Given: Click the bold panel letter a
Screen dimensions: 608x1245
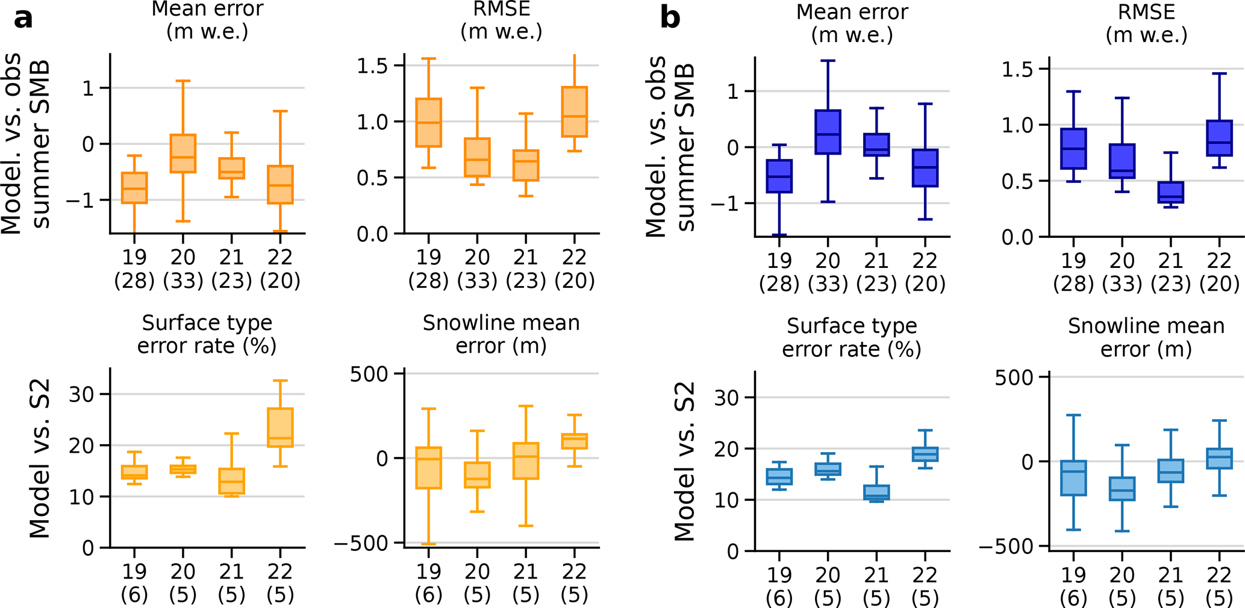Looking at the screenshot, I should tap(23, 19).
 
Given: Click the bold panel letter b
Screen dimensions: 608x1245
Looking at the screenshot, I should tap(670, 18).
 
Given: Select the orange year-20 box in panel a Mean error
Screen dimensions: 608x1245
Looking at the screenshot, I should tap(183, 154).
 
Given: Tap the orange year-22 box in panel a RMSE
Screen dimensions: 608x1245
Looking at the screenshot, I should tap(574, 112).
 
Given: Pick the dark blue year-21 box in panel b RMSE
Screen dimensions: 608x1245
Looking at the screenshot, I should tap(1171, 193).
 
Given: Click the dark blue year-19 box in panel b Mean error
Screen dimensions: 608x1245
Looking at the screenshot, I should tap(779, 176).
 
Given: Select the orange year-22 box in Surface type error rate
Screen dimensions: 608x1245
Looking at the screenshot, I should tap(280, 427).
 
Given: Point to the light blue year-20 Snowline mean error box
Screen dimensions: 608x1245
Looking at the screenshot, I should tap(1122, 489).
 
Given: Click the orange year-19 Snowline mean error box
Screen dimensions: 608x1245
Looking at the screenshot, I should tap(429, 468).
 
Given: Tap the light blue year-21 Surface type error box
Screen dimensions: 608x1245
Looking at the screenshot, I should tap(876, 492).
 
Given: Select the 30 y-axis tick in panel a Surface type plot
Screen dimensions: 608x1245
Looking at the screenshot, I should tap(81, 395).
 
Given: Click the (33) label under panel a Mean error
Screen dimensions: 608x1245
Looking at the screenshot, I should tap(183, 281).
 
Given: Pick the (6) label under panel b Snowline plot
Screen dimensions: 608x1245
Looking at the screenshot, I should tap(1073, 598).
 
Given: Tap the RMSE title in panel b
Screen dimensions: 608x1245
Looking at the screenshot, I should tap(1146, 23).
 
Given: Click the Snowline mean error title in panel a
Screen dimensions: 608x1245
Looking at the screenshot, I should tap(501, 335).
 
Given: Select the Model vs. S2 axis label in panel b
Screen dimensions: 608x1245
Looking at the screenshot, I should tap(685, 462).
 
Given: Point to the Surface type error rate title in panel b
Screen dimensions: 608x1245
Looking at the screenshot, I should tap(852, 338).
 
